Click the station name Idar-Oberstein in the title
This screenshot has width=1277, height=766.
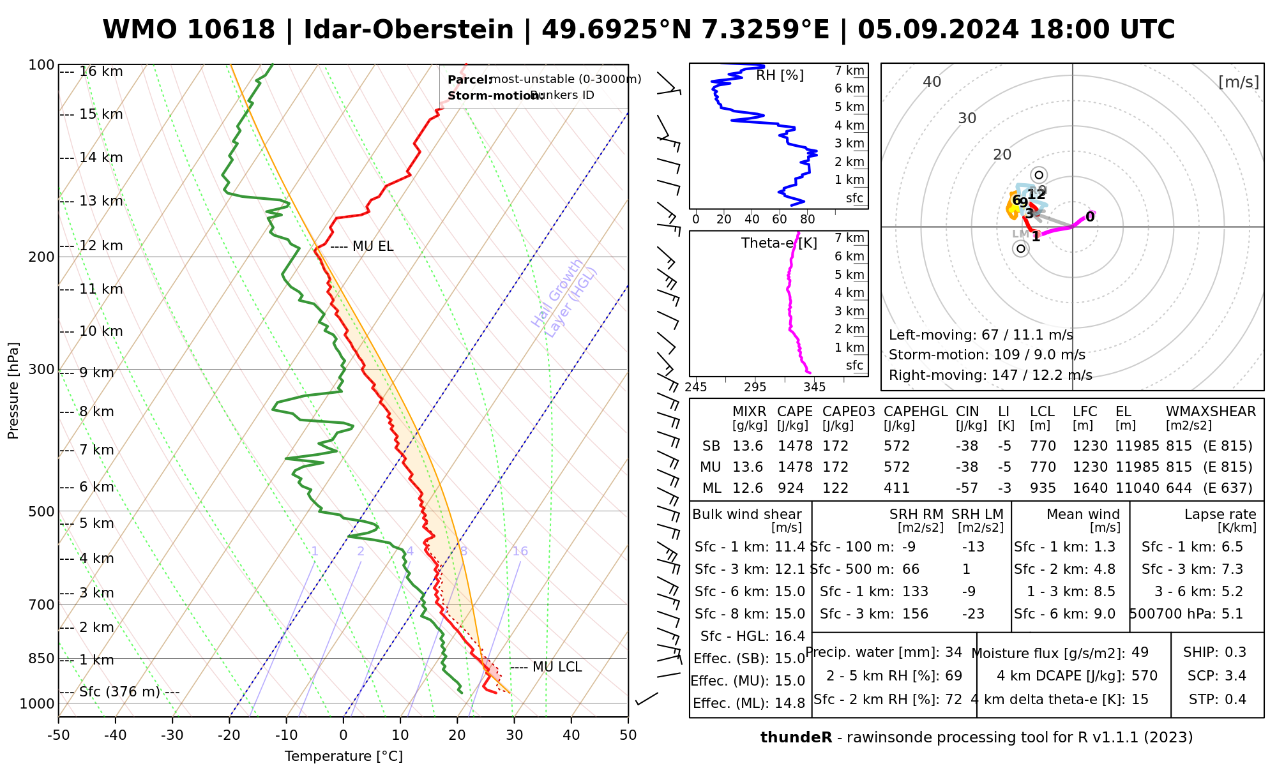409,30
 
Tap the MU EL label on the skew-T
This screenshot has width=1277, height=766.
373,246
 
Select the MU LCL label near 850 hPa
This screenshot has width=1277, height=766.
557,667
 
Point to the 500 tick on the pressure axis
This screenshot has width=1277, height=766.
42,511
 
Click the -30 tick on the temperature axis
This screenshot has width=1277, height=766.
172,735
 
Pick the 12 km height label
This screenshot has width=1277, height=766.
101,246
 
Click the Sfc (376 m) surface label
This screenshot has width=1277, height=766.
119,692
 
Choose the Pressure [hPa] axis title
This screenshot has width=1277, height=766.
13,391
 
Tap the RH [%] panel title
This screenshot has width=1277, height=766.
780,75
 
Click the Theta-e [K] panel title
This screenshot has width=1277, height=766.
779,243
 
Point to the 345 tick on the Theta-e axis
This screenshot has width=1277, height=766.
814,387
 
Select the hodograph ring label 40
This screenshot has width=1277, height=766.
932,82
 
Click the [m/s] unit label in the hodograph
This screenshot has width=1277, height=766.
1238,82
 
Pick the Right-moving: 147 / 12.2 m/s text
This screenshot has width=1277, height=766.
990,375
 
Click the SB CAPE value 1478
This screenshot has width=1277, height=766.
795,446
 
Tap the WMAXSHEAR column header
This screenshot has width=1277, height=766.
1211,412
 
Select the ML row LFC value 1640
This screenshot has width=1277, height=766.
1090,488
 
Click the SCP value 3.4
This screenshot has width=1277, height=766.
1235,676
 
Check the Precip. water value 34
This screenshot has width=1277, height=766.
953,652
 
